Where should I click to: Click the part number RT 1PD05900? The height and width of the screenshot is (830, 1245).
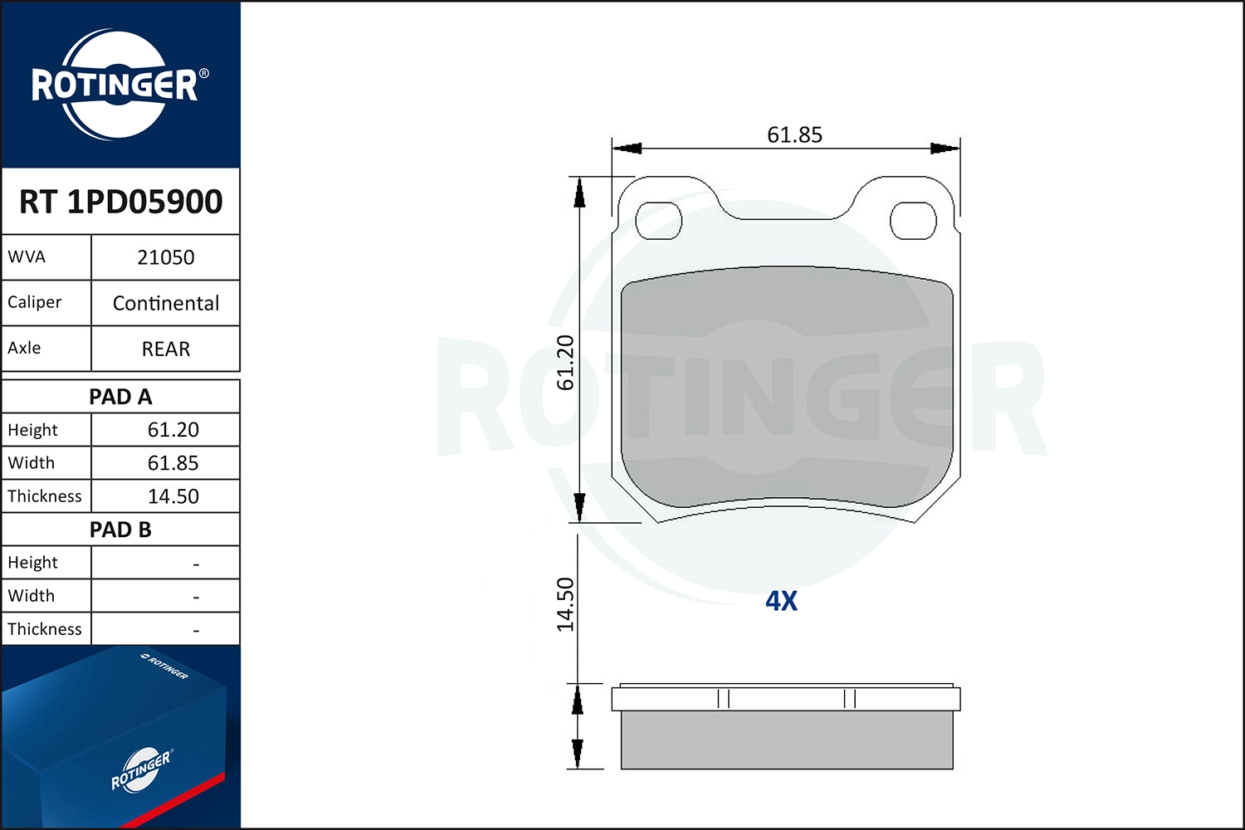pyautogui.click(x=120, y=202)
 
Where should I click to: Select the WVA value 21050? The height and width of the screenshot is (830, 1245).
pyautogui.click(x=165, y=257)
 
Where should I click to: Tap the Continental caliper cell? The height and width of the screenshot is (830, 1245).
pyautogui.click(x=165, y=303)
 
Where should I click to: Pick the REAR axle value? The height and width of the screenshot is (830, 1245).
pyautogui.click(x=165, y=349)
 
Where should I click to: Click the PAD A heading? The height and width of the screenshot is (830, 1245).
pyautogui.click(x=120, y=397)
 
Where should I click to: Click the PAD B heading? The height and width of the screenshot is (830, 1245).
pyautogui.click(x=120, y=530)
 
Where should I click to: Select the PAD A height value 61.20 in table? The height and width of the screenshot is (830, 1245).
pyautogui.click(x=173, y=430)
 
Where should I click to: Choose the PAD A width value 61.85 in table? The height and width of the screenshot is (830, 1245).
pyautogui.click(x=173, y=463)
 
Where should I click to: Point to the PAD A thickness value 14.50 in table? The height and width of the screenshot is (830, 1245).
pyautogui.click(x=173, y=496)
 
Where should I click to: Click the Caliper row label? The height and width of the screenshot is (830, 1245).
pyautogui.click(x=35, y=302)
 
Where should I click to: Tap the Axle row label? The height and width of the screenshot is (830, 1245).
pyautogui.click(x=25, y=348)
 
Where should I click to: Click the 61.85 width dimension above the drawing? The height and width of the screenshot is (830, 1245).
pyautogui.click(x=794, y=134)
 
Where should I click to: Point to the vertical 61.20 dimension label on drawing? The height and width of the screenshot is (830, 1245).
pyautogui.click(x=565, y=363)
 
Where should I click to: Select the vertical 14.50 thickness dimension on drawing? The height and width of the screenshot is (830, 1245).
pyautogui.click(x=565, y=604)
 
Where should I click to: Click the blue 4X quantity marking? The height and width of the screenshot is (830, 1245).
pyautogui.click(x=781, y=601)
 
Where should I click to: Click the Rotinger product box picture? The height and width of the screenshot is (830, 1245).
pyautogui.click(x=120, y=737)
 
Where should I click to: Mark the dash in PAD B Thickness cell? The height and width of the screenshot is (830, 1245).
pyautogui.click(x=196, y=631)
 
